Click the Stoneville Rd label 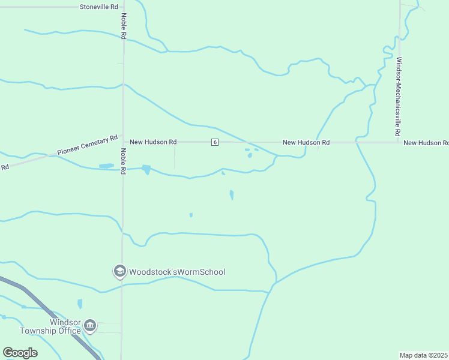pyautogui.click(x=99, y=7)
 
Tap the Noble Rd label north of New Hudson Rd pyautogui.click(x=123, y=26)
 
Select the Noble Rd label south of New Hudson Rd pyautogui.click(x=123, y=161)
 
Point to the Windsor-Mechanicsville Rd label pyautogui.click(x=398, y=96)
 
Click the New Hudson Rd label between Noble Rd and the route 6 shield pyautogui.click(x=153, y=142)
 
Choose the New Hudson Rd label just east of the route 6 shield pyautogui.click(x=306, y=142)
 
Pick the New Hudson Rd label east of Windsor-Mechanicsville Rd pyautogui.click(x=426, y=143)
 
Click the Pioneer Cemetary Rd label pyautogui.click(x=88, y=146)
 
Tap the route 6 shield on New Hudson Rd pyautogui.click(x=214, y=142)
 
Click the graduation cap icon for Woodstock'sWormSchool pyautogui.click(x=119, y=272)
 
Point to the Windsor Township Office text pyautogui.click(x=50, y=326)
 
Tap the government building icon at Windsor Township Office pyautogui.click(x=90, y=326)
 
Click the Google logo pyautogui.click(x=20, y=353)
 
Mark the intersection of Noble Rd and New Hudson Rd pyautogui.click(x=122, y=142)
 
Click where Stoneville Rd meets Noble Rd pyautogui.click(x=122, y=7)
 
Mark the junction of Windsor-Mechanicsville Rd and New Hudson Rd pyautogui.click(x=399, y=142)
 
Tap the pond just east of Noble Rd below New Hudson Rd pyautogui.click(x=146, y=169)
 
